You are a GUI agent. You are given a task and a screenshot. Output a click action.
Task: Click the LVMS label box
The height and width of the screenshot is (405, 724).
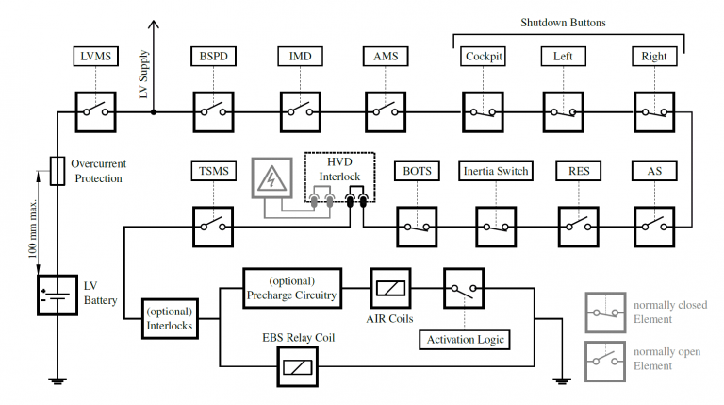(x=96, y=57)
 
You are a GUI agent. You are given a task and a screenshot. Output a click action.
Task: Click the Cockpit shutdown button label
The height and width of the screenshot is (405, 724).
(x=483, y=57)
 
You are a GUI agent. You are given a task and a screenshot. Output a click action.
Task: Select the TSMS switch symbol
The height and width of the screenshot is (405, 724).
(x=213, y=226)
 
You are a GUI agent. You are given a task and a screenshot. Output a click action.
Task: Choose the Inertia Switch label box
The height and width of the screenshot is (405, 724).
(x=496, y=171)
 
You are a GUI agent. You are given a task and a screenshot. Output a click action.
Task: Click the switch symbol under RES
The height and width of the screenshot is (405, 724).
(x=578, y=226)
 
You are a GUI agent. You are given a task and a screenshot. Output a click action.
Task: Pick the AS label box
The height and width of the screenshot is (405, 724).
(x=653, y=171)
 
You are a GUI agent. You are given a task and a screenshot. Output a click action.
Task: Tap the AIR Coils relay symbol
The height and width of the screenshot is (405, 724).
(x=389, y=288)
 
